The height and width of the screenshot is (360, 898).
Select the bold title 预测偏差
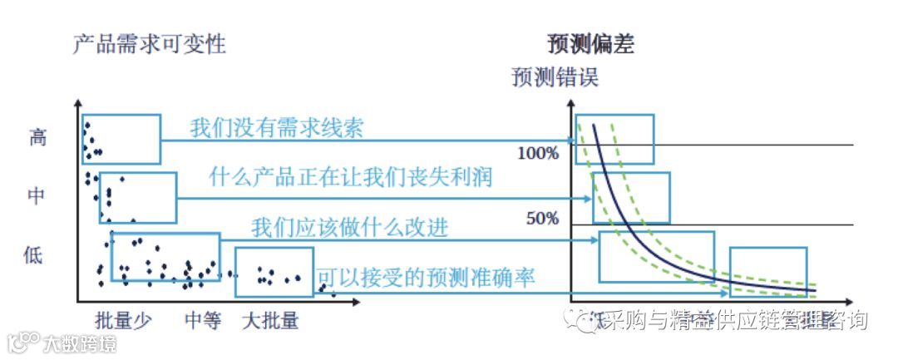pyautogui.click(x=591, y=44)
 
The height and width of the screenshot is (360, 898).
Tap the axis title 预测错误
pyautogui.click(x=555, y=78)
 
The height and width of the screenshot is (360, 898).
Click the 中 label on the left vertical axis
pyautogui.click(x=37, y=196)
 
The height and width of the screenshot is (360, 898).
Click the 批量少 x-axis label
pyautogui.click(x=124, y=320)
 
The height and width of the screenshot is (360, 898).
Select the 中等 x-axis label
pyautogui.click(x=203, y=320)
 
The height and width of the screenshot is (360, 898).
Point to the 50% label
pyautogui.click(x=543, y=219)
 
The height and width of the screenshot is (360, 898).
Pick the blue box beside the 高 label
pyautogui.click(x=121, y=138)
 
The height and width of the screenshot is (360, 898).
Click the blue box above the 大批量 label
pyautogui.click(x=274, y=272)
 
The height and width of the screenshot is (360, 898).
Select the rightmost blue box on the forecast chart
pyautogui.click(x=767, y=272)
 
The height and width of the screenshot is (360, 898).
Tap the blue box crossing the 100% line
pyautogui.click(x=615, y=139)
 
